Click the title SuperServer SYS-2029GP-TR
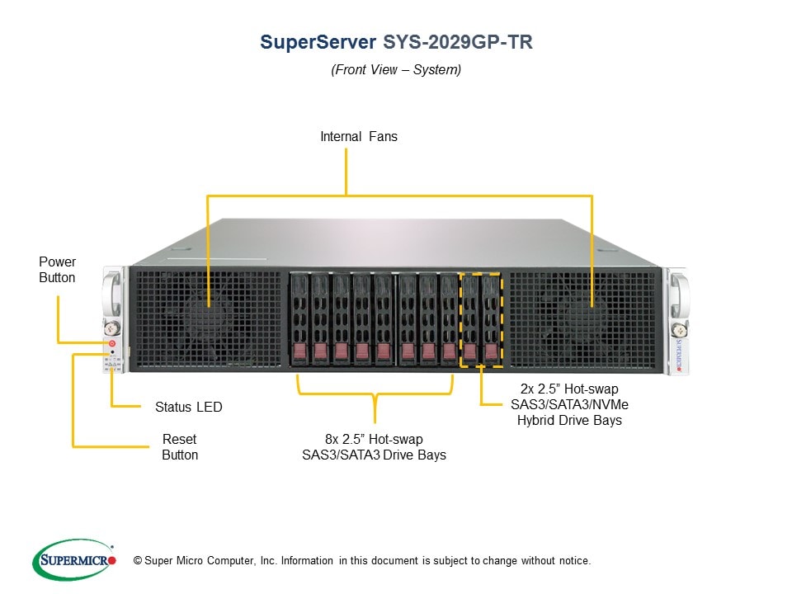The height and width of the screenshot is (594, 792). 396,42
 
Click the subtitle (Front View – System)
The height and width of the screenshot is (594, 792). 396,70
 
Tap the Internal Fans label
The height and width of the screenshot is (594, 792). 359,137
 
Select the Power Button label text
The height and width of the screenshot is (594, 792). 57,270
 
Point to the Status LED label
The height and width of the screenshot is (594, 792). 188,407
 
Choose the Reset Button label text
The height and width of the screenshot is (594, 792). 179,447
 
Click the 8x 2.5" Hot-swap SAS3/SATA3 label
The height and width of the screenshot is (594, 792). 374,447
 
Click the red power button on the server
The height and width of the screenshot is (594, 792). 111,342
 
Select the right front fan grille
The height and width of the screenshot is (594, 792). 582,318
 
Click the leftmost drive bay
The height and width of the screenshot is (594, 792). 300,318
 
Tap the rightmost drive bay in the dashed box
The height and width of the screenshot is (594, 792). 491,318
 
